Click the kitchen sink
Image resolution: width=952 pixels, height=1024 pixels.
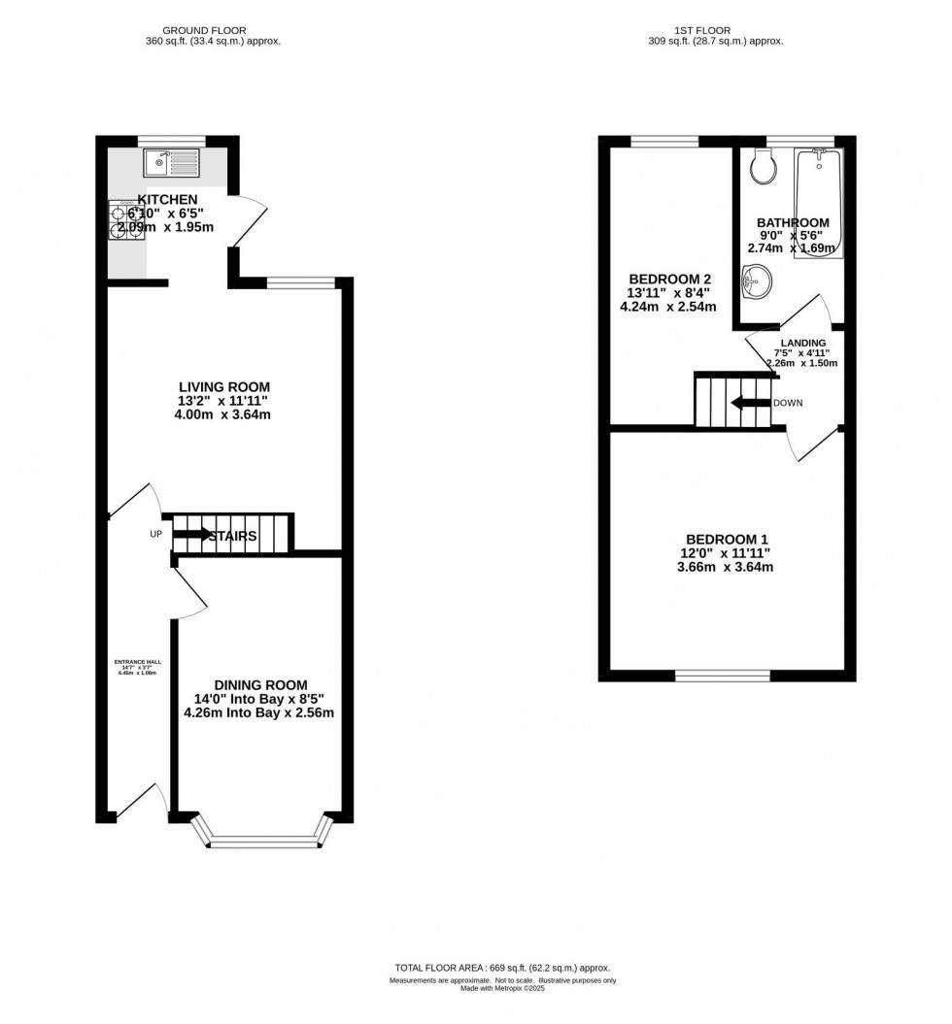click(171, 163)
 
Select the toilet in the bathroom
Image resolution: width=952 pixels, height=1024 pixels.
click(765, 169)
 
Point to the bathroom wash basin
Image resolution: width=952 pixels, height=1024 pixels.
click(754, 284)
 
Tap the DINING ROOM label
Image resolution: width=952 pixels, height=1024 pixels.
click(260, 684)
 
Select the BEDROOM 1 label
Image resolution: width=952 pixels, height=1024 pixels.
click(727, 540)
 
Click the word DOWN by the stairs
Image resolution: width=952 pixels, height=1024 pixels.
click(789, 403)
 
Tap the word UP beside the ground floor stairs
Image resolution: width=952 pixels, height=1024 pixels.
click(155, 535)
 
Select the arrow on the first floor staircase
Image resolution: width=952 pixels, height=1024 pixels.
click(749, 403)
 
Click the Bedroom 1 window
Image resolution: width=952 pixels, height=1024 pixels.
click(723, 676)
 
